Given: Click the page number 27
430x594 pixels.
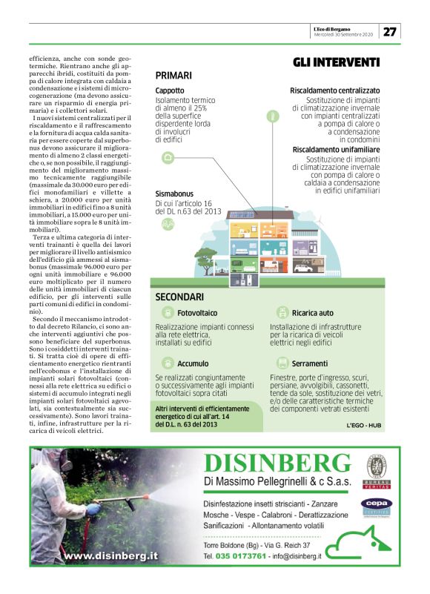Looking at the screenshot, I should click(391, 31).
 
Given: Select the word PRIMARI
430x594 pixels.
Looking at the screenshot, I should click(173, 76).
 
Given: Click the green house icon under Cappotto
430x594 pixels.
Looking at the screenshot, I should click(168, 157).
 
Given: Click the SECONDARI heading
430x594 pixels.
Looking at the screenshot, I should click(179, 297).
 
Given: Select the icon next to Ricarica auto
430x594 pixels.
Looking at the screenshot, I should click(282, 314).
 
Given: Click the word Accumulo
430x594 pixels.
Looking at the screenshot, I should click(193, 364).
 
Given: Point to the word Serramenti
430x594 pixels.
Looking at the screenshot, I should click(310, 364).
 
